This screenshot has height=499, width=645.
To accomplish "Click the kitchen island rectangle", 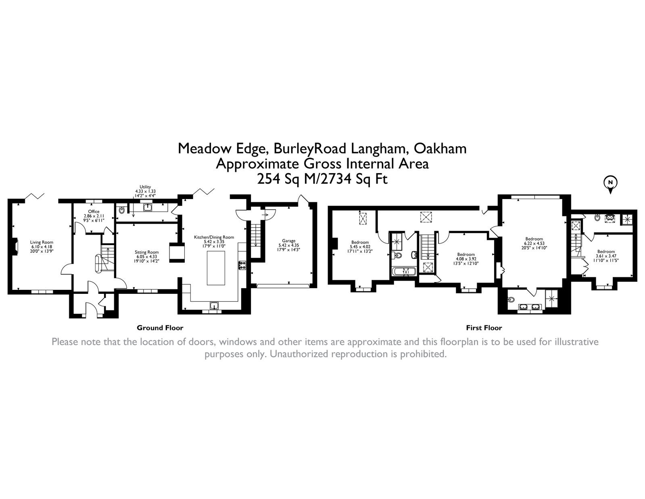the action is point(216,268).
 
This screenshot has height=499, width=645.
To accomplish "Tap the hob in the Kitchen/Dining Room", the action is point(242,265).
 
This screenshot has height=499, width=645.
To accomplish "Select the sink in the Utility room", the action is point(148,207).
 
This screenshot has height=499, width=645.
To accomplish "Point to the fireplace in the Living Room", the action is point(15,246).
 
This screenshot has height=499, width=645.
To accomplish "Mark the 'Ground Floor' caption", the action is point(160,328).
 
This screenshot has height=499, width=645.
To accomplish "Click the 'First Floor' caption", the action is point(484,328).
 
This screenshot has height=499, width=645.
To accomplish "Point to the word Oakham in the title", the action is point(440,149).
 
